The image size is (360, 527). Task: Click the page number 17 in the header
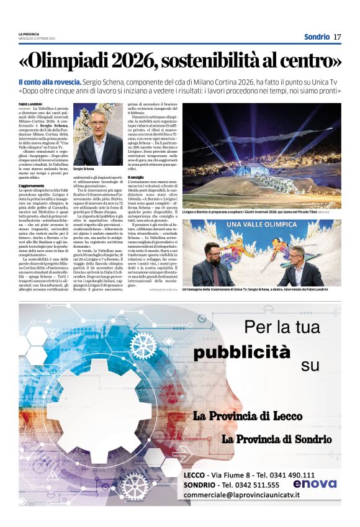[337, 37]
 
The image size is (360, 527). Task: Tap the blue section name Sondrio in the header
[317, 37]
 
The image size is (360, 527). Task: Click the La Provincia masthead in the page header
[28, 34]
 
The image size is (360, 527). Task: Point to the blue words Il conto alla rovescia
[50, 82]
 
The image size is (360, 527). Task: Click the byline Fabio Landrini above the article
[30, 104]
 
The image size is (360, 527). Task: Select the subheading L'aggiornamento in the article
[32, 186]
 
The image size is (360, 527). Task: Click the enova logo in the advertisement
[315, 484]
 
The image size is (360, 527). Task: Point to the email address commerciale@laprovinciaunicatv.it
[241, 495]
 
